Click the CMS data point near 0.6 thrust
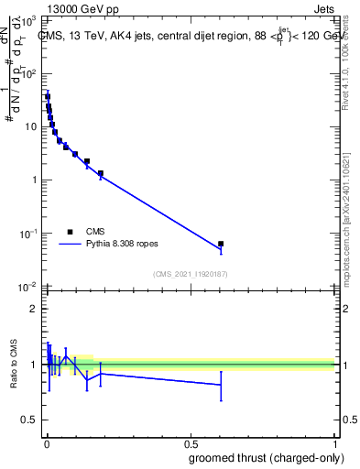coord(221,244)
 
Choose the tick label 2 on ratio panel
coord(34,309)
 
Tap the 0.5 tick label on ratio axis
coord(30,420)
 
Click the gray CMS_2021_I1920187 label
coord(190,274)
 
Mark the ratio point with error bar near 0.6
coord(221,385)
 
